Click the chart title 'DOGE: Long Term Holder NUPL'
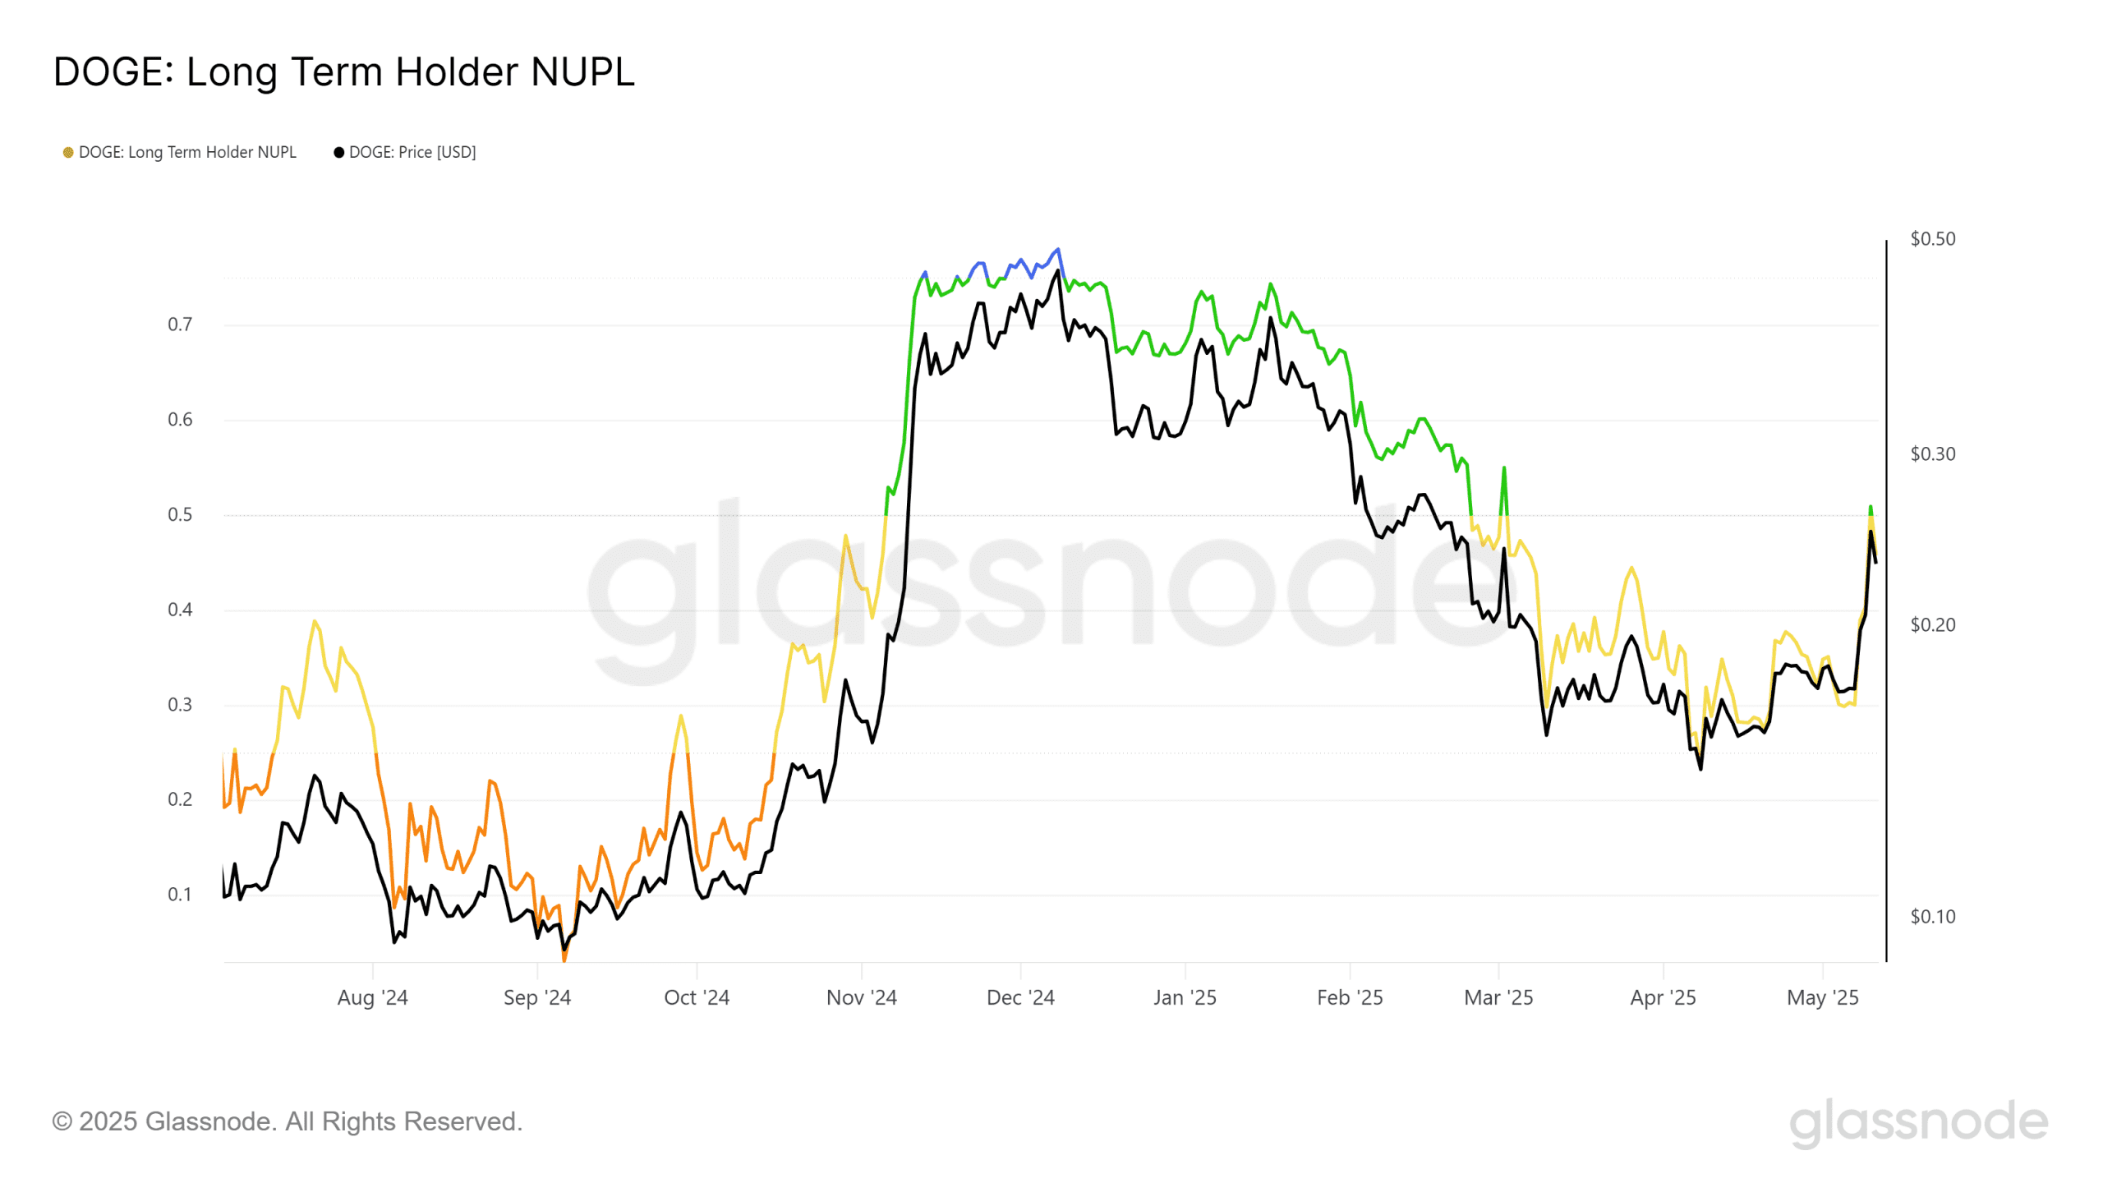(343, 71)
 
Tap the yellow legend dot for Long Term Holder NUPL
(68, 152)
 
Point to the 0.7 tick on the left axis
(180, 325)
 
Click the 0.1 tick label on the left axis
(180, 894)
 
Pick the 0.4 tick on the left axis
(180, 610)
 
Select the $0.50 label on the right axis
(1932, 239)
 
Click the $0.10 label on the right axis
(1932, 917)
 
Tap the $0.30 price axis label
(1932, 454)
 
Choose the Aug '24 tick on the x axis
(372, 997)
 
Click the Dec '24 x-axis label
(1020, 997)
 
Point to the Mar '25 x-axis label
(1498, 997)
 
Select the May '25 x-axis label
(1822, 997)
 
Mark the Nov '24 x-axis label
(861, 997)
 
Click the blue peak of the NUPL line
(1058, 249)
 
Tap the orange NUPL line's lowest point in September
(564, 958)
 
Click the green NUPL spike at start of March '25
(1504, 468)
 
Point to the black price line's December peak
(1058, 271)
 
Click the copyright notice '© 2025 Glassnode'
(287, 1121)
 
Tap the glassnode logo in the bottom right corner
(1918, 1122)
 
